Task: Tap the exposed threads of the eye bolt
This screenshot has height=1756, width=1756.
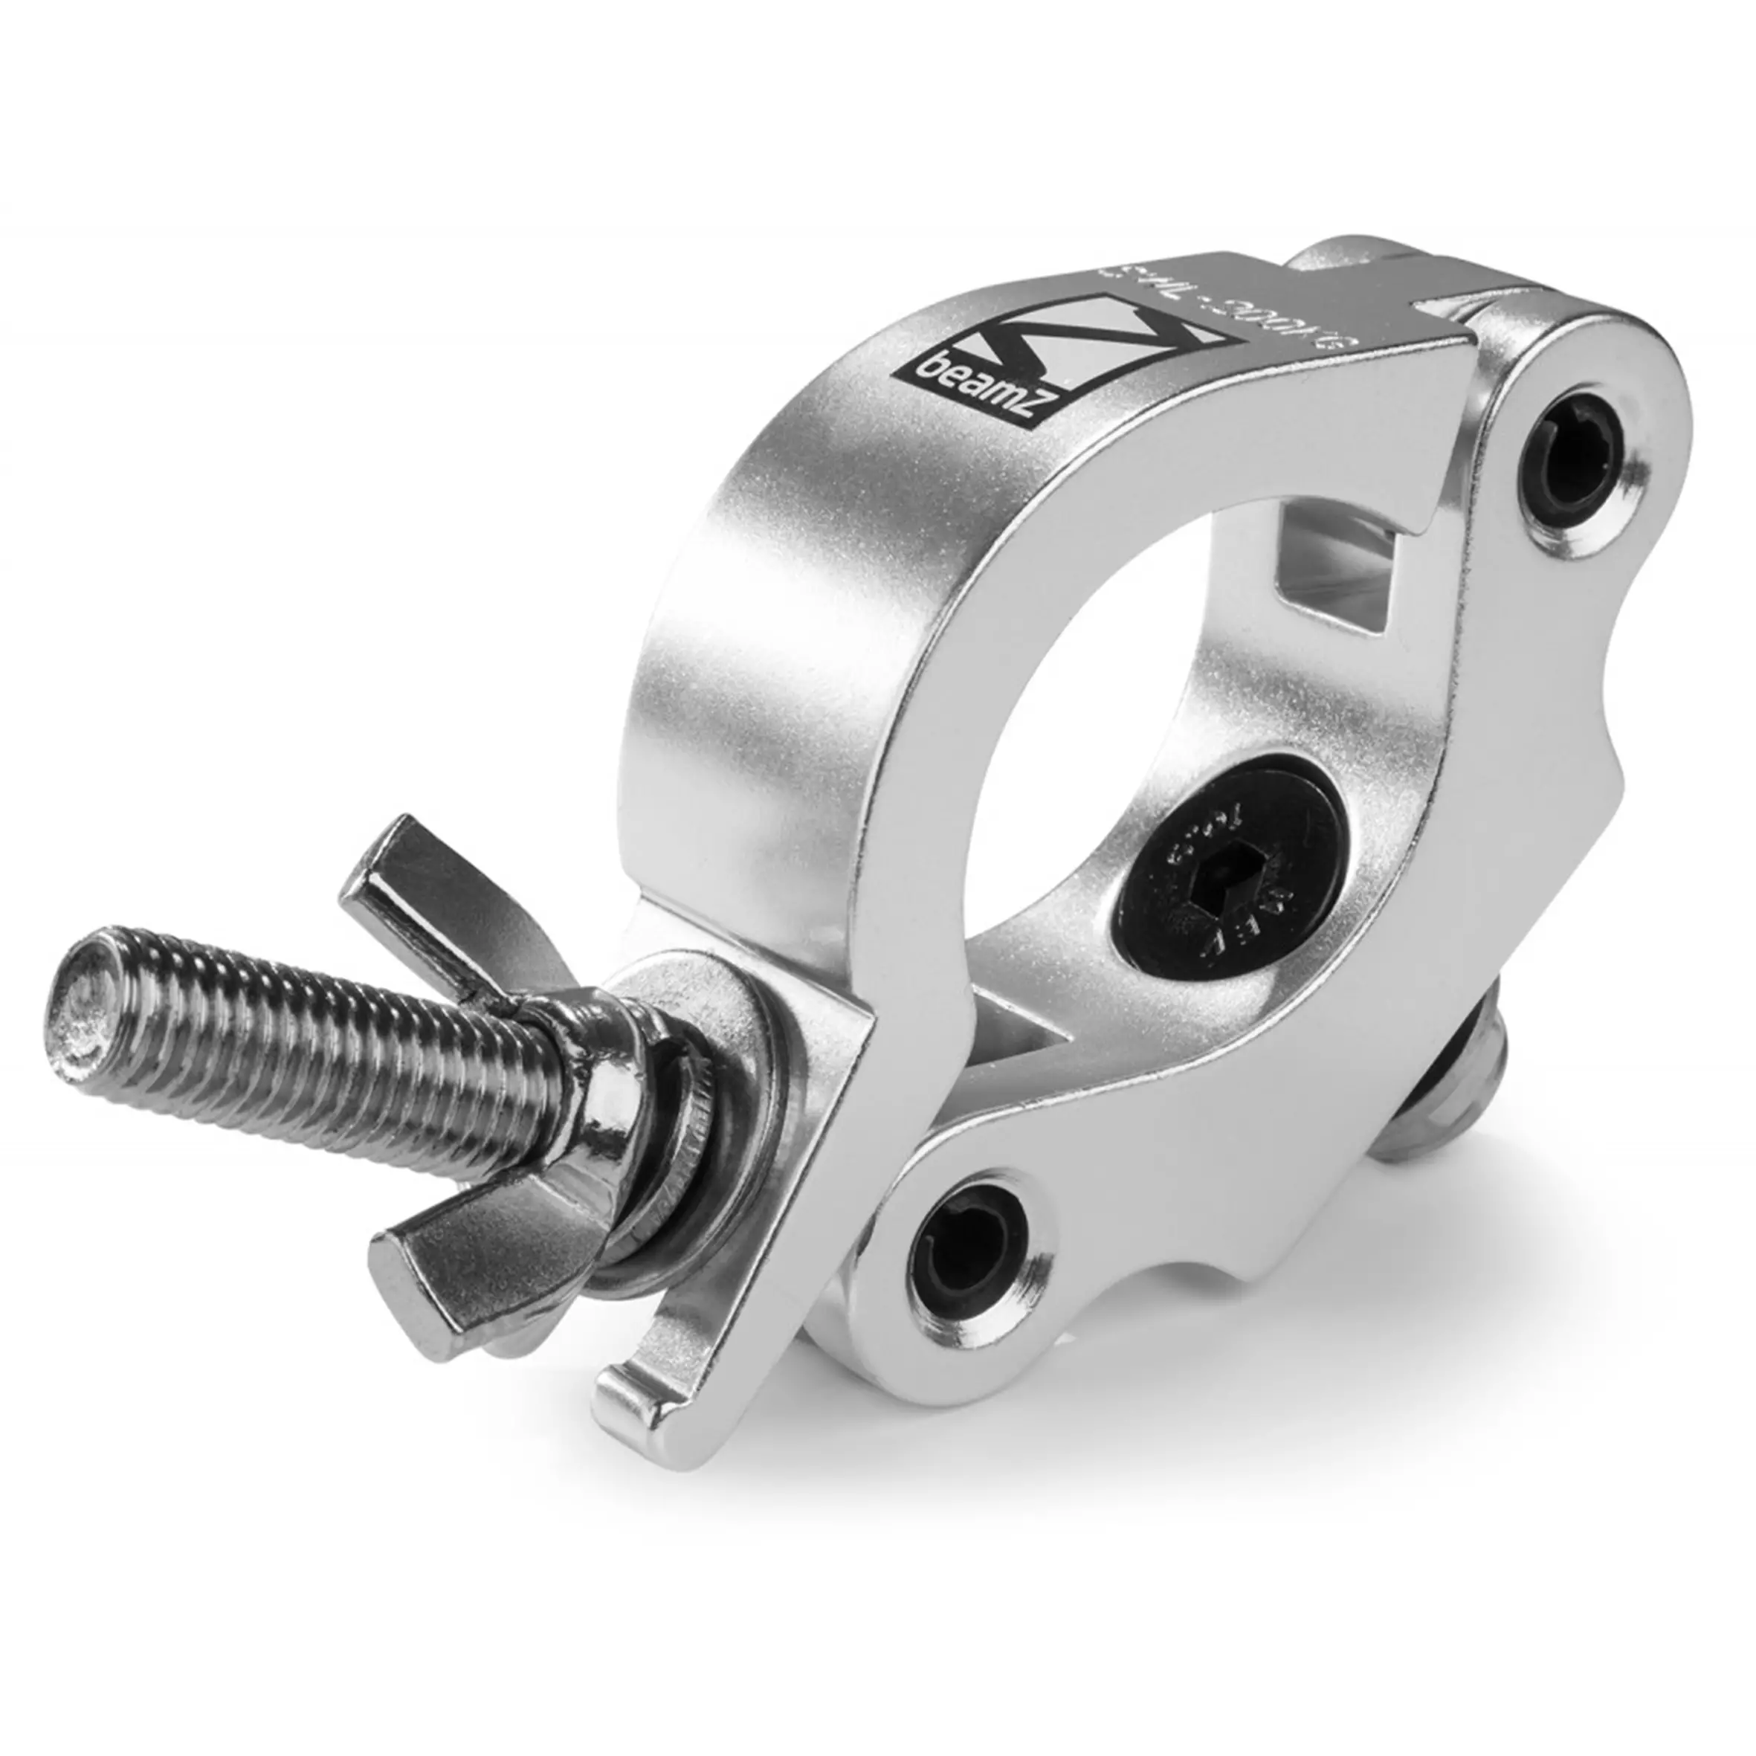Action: click(x=273, y=1027)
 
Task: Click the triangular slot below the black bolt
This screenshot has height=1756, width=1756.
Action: click(x=1018, y=1045)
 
